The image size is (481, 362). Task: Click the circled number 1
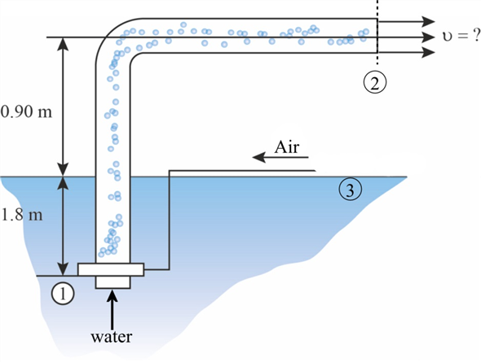[63, 294]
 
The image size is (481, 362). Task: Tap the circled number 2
[375, 82]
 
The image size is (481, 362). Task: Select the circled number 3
[351, 190]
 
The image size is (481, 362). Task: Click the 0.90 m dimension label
[26, 111]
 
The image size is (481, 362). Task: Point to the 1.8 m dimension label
[21, 215]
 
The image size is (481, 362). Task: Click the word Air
[287, 147]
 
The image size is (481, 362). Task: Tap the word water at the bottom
[112, 337]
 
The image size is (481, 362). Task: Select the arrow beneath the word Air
[280, 157]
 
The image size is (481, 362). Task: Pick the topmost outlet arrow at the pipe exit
[406, 22]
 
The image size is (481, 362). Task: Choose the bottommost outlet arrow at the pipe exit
[406, 53]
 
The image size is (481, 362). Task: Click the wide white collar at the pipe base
[111, 269]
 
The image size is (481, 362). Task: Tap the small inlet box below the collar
[113, 282]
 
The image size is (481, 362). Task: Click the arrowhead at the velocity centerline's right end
[428, 37]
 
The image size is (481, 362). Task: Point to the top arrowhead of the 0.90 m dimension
[64, 43]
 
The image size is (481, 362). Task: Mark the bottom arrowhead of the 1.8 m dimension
[64, 268]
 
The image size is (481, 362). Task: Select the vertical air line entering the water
[169, 220]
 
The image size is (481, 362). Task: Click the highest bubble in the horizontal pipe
[183, 24]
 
